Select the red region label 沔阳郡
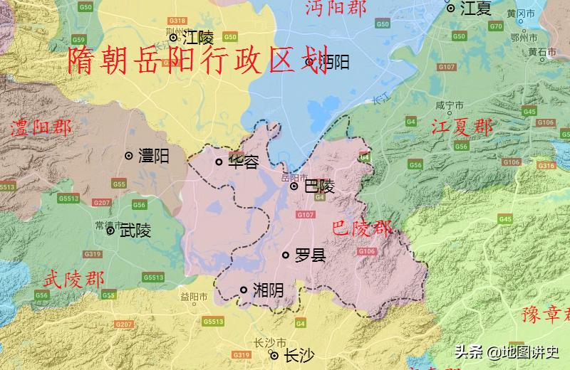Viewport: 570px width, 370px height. tap(336, 8)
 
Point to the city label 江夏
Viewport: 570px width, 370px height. tap(477, 9)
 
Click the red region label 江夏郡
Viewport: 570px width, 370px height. tap(462, 128)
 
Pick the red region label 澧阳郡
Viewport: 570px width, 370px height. tap(41, 129)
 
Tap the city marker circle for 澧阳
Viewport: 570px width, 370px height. tap(129, 155)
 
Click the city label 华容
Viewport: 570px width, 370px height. tap(242, 162)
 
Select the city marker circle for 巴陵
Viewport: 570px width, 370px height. tap(294, 186)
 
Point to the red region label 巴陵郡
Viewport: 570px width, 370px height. tap(362, 229)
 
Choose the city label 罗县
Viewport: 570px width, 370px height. tap(310, 255)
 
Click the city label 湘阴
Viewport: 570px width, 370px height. tap(268, 290)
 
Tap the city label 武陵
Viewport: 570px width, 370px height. tap(135, 231)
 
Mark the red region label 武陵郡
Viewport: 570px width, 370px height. tap(73, 278)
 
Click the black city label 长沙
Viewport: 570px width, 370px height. tap(298, 356)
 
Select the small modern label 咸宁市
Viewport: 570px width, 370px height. tap(445, 105)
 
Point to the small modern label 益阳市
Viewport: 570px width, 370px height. tap(194, 296)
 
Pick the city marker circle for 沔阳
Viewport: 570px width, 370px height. tap(309, 63)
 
